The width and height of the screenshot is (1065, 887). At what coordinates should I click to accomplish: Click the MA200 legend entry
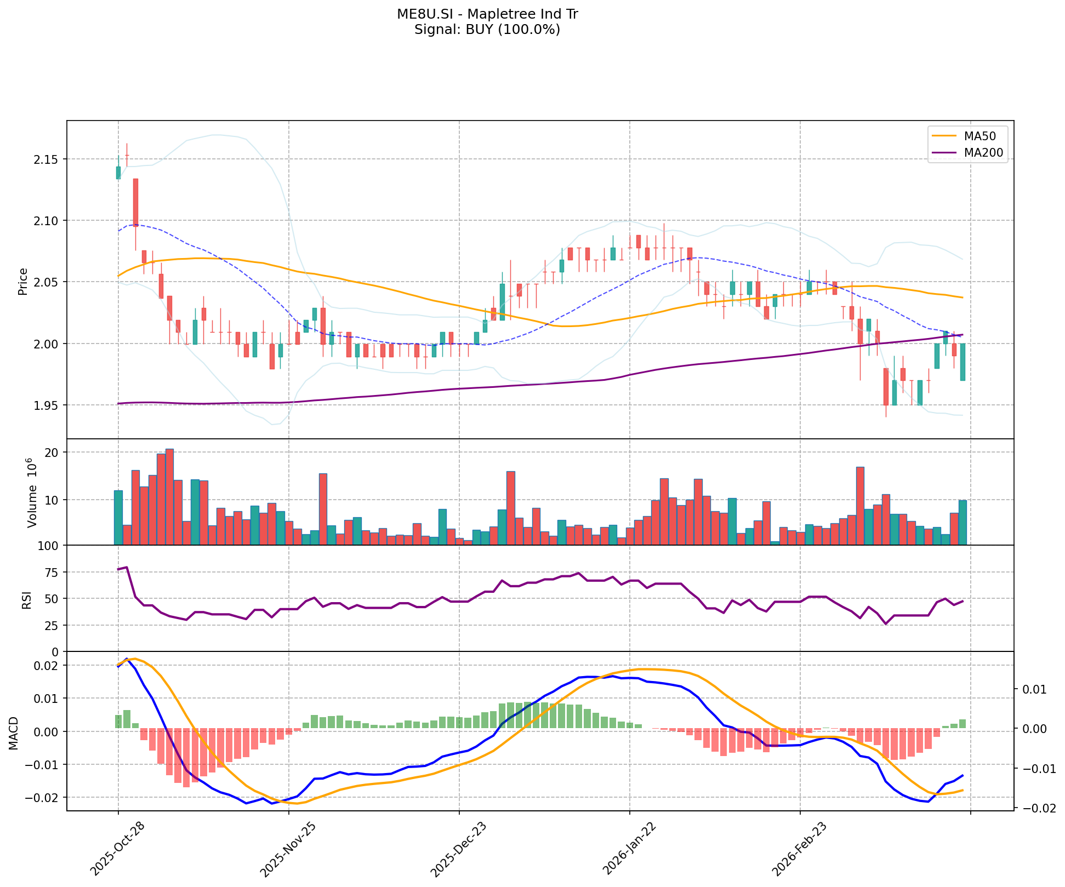point(983,153)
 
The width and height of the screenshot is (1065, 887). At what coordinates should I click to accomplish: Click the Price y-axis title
point(23,282)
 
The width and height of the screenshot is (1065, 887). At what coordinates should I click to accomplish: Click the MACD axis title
point(15,733)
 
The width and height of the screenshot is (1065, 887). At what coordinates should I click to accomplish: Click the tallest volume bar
point(169,496)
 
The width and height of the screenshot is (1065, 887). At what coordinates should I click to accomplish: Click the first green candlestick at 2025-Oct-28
point(118,173)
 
